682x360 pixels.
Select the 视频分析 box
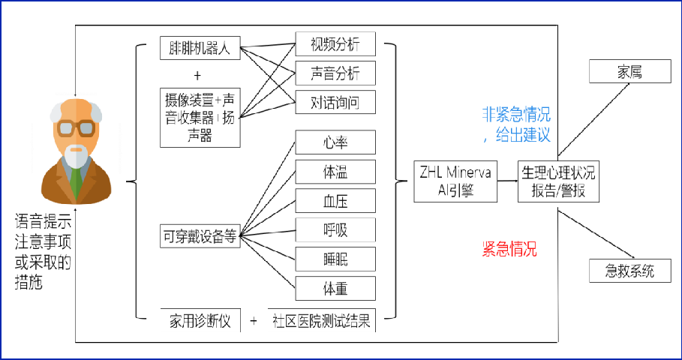coord(335,43)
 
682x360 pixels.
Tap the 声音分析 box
coord(335,73)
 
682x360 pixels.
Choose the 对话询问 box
coord(335,101)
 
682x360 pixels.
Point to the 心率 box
coord(335,142)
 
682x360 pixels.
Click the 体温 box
coord(335,172)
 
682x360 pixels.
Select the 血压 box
coord(335,200)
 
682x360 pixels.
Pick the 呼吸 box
coord(335,229)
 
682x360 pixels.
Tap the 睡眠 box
coord(335,259)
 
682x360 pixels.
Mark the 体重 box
coord(335,288)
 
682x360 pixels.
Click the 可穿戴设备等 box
coord(200,236)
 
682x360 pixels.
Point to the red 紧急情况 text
coord(509,249)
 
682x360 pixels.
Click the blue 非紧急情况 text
coord(515,115)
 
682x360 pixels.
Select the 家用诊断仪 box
coord(200,321)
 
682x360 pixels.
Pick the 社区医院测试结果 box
coord(321,321)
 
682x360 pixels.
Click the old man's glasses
coord(74,127)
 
